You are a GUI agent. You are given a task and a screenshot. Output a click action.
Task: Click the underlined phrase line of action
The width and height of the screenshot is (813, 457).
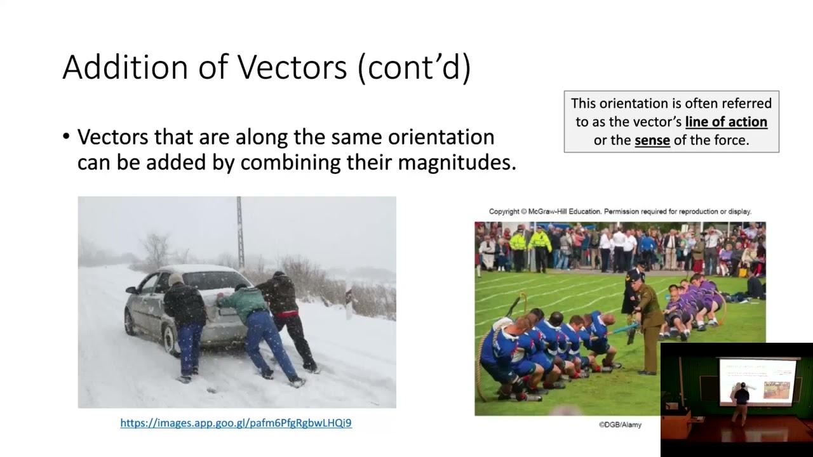point(726,122)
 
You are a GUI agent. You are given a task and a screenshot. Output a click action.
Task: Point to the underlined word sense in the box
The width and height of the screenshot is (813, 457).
point(652,140)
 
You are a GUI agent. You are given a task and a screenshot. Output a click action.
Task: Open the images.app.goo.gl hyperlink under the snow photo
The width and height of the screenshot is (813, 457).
point(236,423)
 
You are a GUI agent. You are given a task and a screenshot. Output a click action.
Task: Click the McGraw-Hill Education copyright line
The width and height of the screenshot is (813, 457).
point(620,211)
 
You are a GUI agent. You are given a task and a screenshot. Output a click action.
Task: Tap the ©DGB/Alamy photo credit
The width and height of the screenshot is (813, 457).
point(620,425)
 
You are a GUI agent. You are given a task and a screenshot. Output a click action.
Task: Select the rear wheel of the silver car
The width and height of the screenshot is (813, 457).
point(170,340)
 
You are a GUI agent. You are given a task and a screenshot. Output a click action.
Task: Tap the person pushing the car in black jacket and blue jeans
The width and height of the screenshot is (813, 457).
point(185,324)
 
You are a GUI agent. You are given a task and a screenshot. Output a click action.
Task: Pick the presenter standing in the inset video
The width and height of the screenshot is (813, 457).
point(741,404)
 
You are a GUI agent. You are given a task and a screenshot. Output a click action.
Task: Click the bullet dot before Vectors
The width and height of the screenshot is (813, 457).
point(67,136)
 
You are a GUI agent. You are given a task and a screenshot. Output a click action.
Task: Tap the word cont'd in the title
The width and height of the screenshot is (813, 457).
point(414,67)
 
